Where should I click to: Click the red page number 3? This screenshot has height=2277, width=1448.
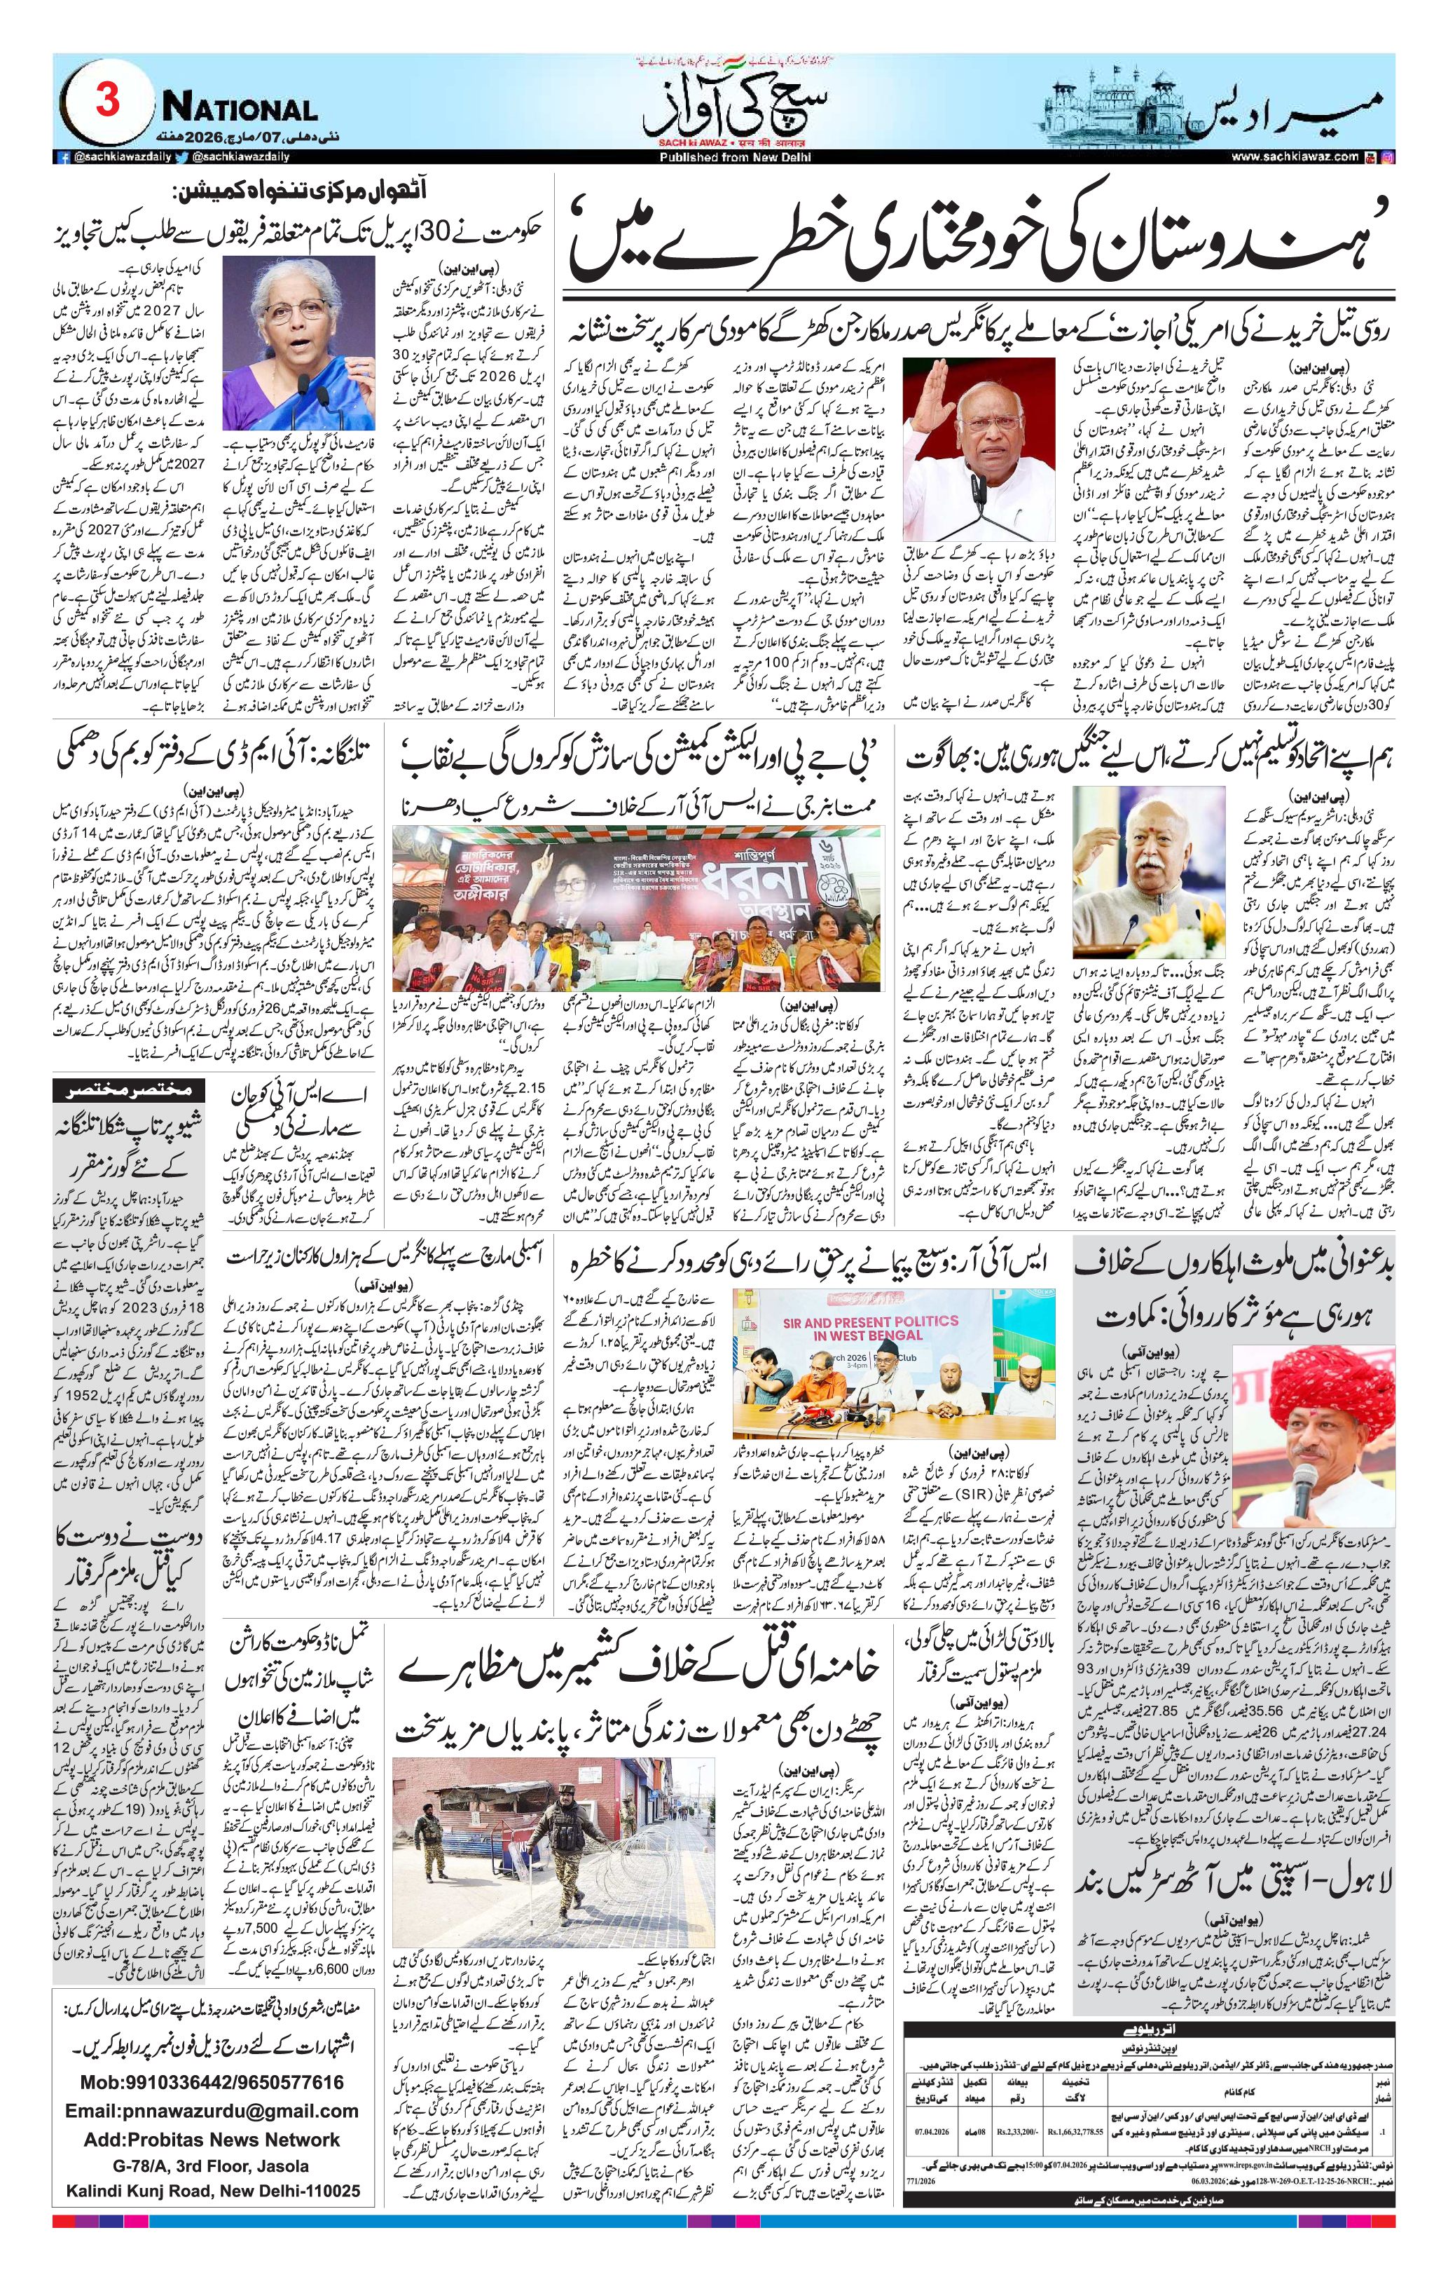[x=106, y=100]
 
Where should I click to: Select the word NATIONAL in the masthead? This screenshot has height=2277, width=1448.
[x=239, y=108]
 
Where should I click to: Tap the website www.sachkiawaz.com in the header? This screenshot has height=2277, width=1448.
[x=1294, y=157]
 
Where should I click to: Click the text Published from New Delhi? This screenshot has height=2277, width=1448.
[x=723, y=157]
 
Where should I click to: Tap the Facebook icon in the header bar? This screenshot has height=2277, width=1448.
[x=63, y=157]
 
